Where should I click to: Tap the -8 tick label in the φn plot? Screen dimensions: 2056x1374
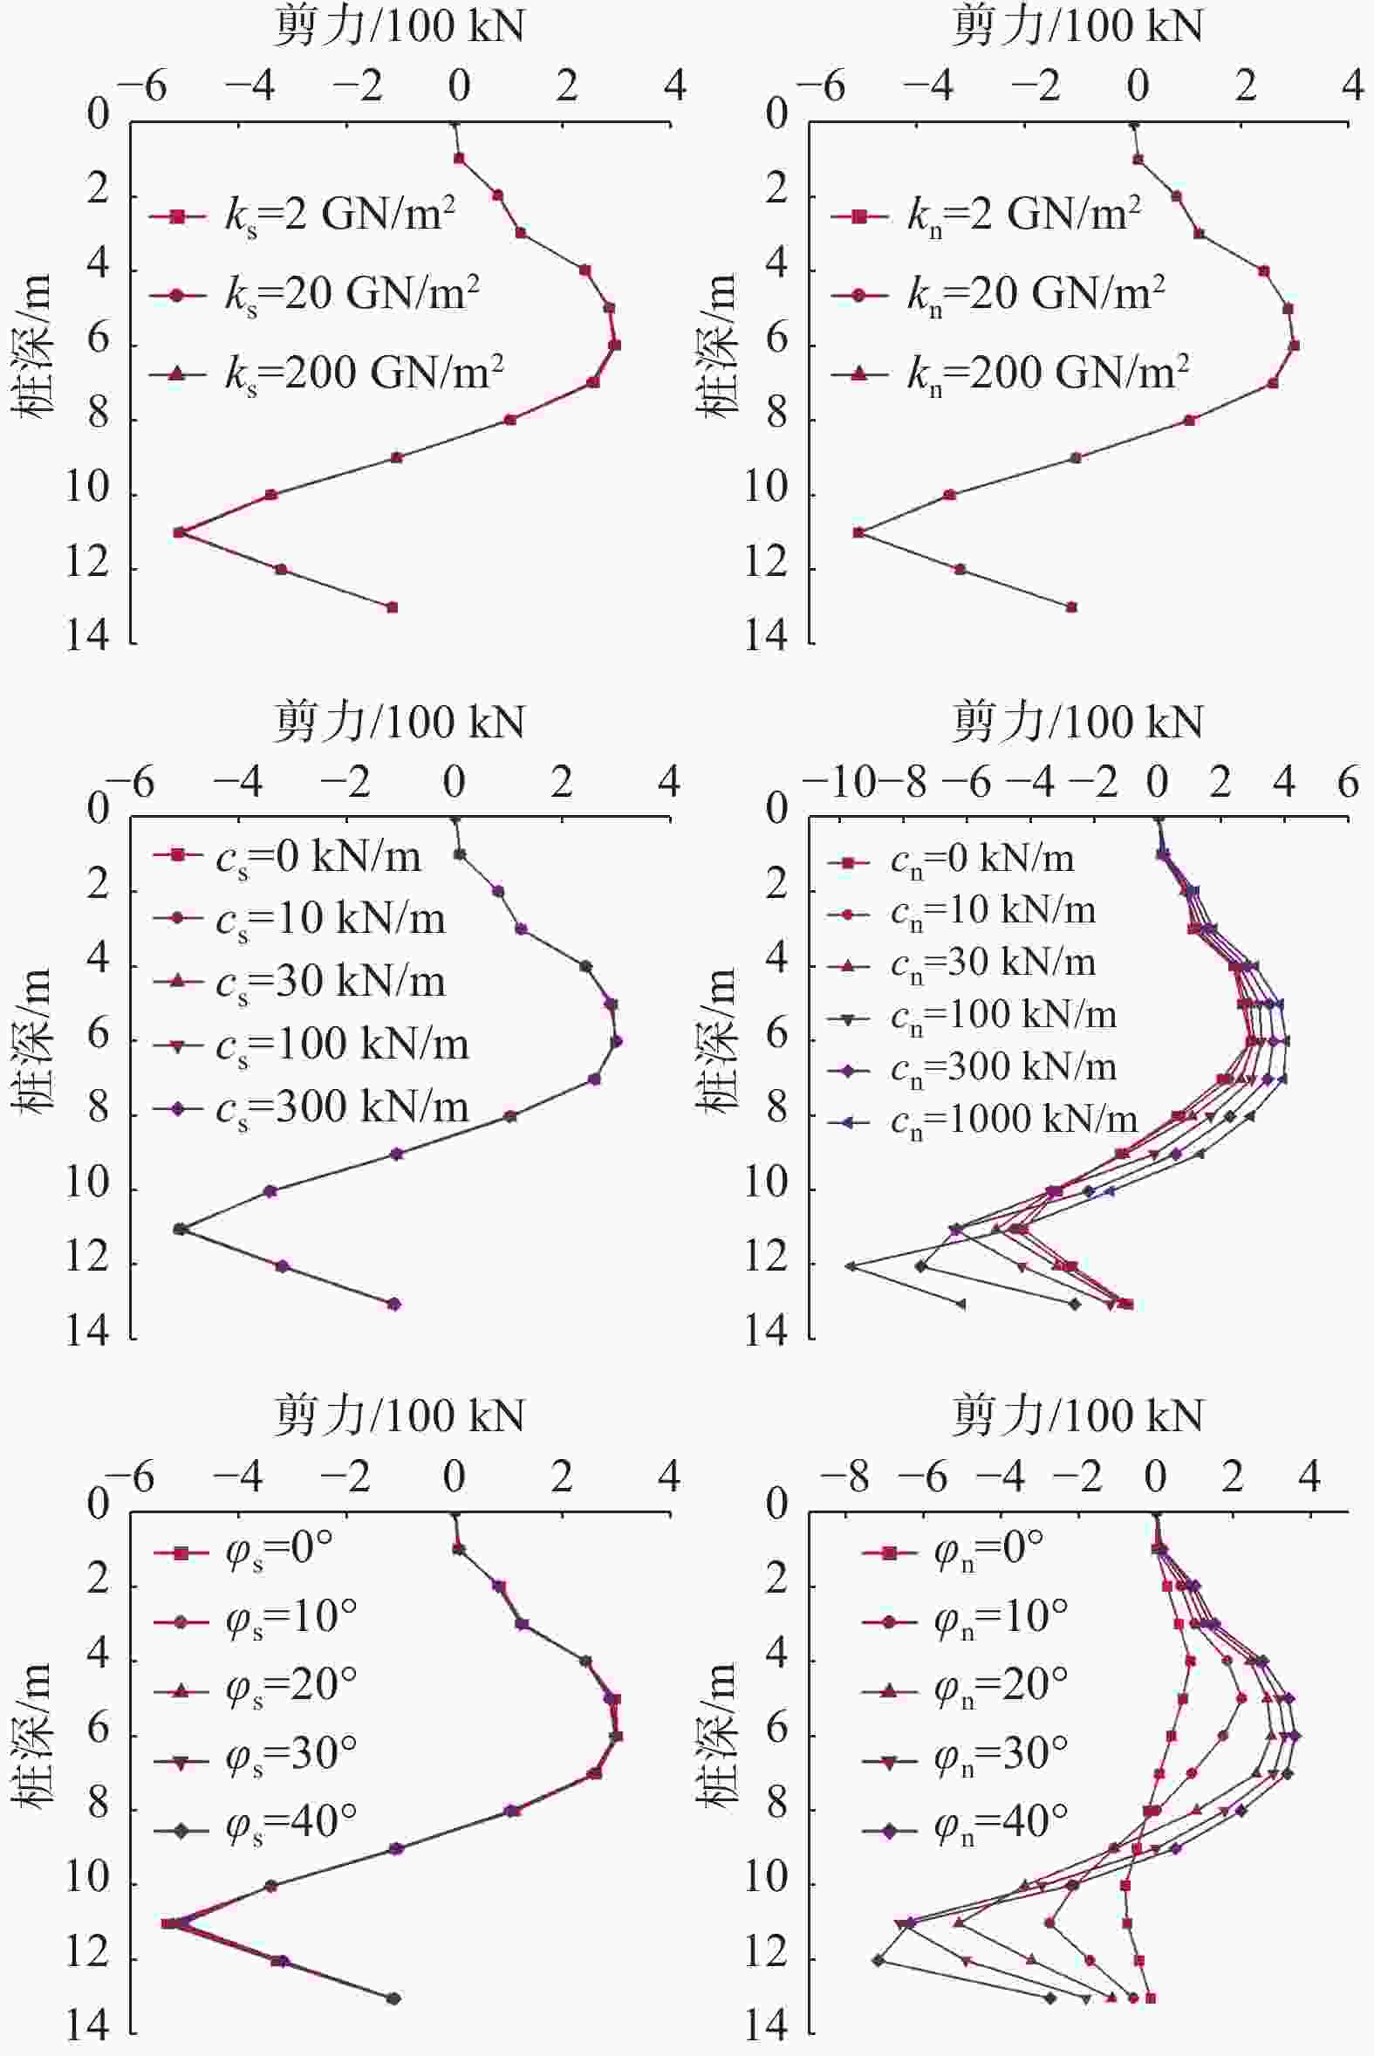point(844,1477)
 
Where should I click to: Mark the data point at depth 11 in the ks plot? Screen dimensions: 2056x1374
point(180,532)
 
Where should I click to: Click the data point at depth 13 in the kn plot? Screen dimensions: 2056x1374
point(1070,607)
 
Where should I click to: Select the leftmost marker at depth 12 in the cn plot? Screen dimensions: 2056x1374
point(850,1265)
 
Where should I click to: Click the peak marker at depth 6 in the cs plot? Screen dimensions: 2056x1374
point(616,1041)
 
